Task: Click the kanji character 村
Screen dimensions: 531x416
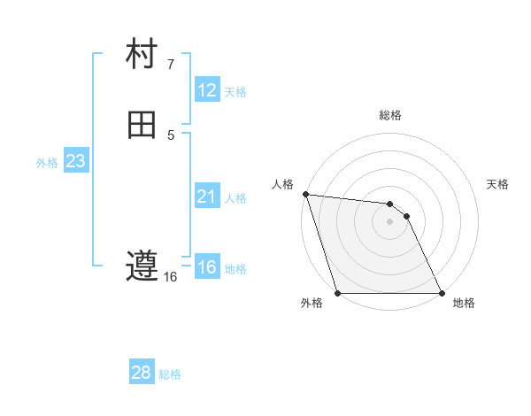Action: coord(142,55)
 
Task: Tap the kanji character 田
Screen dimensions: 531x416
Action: coord(142,125)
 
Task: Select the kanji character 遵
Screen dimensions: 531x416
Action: coord(142,266)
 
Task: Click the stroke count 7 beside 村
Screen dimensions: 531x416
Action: coord(171,65)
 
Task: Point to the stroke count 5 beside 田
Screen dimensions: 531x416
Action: coord(171,135)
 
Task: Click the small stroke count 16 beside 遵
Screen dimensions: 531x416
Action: coord(171,277)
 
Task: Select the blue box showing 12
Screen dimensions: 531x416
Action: coord(207,90)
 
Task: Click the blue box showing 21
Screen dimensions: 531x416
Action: coord(206,196)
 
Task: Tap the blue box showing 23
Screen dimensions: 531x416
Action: coord(76,161)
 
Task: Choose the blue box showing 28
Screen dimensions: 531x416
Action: coord(142,373)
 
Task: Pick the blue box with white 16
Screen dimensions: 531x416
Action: coord(206,267)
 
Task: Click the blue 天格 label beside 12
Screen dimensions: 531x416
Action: coord(235,91)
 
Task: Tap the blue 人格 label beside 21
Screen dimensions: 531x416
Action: coord(235,197)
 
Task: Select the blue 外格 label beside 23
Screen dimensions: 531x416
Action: coord(47,162)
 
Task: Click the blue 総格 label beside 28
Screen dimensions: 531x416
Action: coord(170,374)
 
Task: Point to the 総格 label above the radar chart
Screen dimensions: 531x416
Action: coord(390,115)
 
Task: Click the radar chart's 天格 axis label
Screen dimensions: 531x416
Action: coord(498,184)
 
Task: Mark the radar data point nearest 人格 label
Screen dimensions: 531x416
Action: coord(305,194)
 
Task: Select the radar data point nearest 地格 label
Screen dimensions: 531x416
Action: coord(441,293)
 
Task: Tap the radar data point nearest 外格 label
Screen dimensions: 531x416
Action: coord(338,293)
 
